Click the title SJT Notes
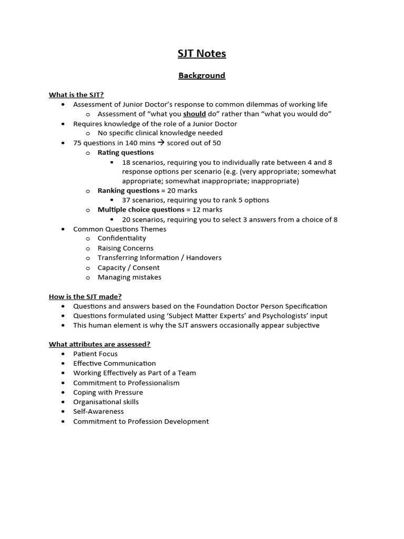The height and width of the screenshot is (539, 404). tap(201, 54)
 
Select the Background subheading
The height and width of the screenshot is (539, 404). tap(201, 75)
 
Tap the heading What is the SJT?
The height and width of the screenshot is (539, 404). tap(76, 95)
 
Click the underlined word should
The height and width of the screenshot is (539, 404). tap(194, 114)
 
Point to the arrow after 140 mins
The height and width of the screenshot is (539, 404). tap(161, 143)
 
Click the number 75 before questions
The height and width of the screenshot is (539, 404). tap(77, 143)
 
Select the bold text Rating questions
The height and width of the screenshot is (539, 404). tap(126, 152)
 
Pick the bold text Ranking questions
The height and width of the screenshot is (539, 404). tap(128, 191)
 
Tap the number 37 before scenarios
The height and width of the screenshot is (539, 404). tap(126, 200)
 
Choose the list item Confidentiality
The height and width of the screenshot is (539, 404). tap(122, 238)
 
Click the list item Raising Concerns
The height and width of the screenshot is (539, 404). tap(125, 248)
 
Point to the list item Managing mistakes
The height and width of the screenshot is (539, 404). tap(129, 277)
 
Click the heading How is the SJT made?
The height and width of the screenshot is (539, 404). tap(85, 296)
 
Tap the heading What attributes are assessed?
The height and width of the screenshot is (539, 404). tap(99, 344)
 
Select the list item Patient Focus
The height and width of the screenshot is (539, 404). tap(95, 354)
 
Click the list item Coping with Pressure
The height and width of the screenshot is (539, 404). tap(108, 392)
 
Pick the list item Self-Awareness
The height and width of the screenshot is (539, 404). tap(98, 411)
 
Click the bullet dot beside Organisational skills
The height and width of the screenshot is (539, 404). tap(63, 402)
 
